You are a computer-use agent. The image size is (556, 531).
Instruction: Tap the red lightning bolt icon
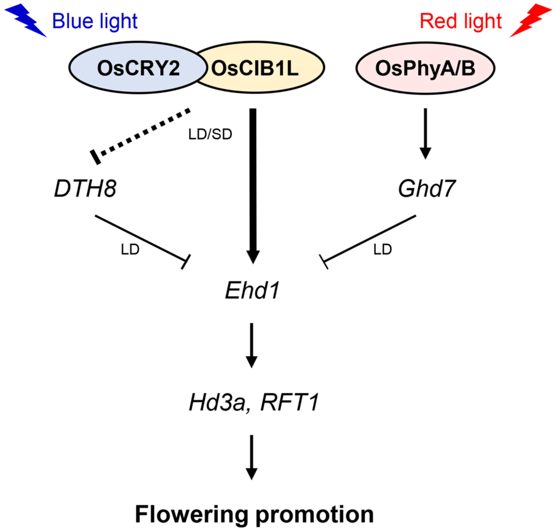click(x=530, y=20)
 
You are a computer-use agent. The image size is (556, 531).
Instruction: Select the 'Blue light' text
click(x=95, y=21)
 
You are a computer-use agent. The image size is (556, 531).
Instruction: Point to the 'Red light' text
click(x=461, y=21)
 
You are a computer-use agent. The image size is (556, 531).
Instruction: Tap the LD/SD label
click(x=210, y=134)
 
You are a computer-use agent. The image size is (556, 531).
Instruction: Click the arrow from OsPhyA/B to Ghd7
click(x=425, y=134)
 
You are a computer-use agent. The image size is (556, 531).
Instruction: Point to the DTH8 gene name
click(x=85, y=189)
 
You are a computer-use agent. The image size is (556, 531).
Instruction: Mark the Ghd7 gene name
click(x=427, y=189)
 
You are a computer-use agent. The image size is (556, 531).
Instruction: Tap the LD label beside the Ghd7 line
click(x=383, y=250)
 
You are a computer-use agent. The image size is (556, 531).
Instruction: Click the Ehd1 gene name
click(x=252, y=291)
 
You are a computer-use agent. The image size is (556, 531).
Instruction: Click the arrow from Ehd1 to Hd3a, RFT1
click(x=252, y=345)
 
